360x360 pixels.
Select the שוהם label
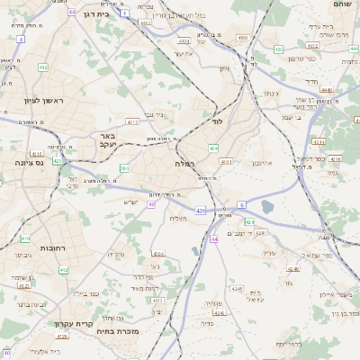[343, 5]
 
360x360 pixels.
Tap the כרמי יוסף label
[288, 344]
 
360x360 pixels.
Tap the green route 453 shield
[214, 147]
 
